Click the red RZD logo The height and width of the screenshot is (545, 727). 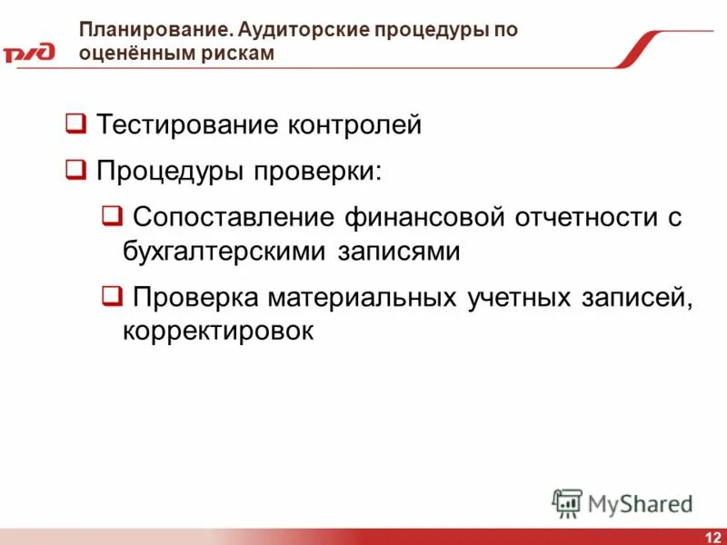click(29, 53)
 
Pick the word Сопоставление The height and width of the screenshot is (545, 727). click(233, 218)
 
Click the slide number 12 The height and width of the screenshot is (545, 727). click(712, 534)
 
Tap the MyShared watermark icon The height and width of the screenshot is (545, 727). click(567, 502)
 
